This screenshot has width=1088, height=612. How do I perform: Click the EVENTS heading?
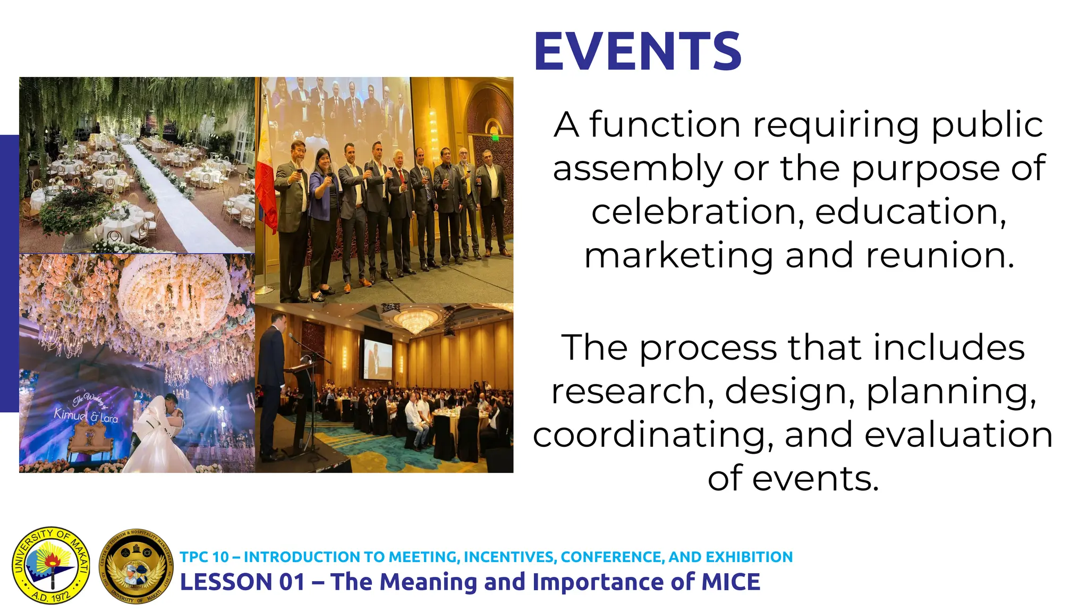click(637, 52)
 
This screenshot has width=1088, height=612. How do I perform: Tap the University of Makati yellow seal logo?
click(51, 565)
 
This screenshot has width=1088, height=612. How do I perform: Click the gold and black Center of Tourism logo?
click(137, 566)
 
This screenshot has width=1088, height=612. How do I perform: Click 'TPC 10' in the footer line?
click(205, 557)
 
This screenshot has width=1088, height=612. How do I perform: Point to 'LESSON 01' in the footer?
click(242, 582)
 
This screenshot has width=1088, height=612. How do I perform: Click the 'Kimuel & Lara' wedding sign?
click(85, 412)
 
